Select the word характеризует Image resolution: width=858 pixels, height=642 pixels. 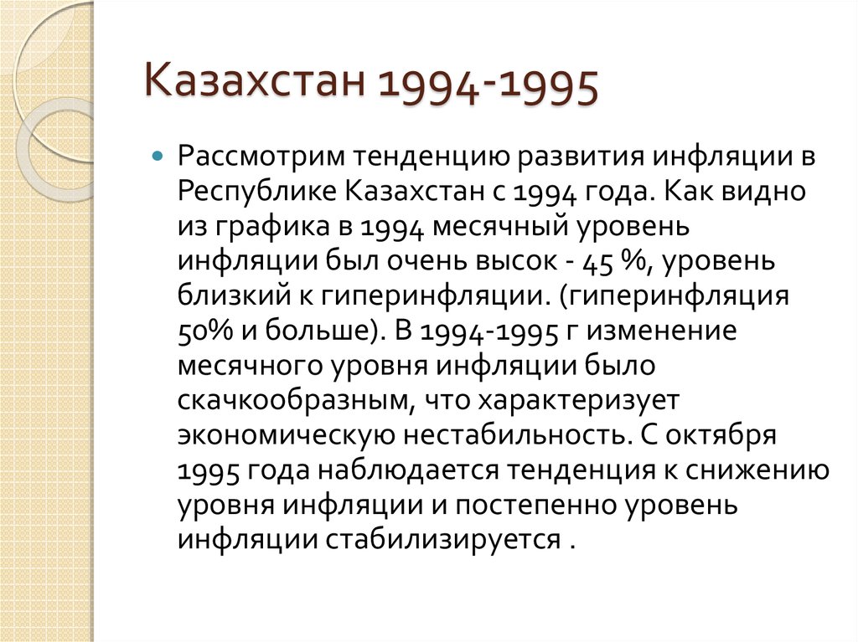(570, 401)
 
